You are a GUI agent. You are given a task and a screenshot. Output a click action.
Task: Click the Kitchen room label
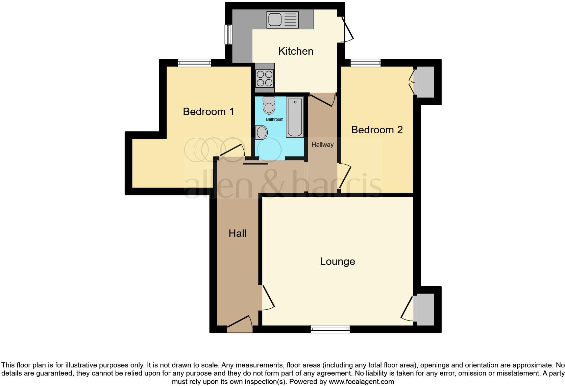point(296,51)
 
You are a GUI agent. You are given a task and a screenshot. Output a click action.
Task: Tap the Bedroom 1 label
point(208,111)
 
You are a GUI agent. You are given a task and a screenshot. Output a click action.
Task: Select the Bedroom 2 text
point(377,130)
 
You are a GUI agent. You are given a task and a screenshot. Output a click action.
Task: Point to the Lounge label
point(337,261)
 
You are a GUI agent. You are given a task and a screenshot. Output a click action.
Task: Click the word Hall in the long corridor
point(237,233)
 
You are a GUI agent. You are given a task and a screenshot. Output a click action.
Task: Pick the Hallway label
point(322,145)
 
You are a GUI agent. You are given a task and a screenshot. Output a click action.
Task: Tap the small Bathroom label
point(274,119)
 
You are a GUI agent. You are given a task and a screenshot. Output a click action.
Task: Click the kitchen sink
point(282,20)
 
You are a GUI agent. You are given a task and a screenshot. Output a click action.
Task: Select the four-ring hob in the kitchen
point(265,78)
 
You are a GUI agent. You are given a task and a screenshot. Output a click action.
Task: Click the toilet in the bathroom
point(269,105)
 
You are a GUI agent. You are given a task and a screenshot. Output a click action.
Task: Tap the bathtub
point(295,117)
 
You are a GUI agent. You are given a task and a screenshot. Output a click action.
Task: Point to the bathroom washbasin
point(261,132)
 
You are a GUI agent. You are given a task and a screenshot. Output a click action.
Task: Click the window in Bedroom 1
point(194,63)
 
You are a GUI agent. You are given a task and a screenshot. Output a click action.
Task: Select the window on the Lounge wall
point(330,329)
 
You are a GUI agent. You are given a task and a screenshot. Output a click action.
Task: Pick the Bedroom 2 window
point(366,63)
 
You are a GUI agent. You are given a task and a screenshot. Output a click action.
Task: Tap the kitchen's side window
point(229,34)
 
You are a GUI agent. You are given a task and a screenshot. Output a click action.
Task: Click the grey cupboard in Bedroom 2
point(424,82)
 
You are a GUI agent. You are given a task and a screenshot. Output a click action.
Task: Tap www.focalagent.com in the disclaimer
point(361,382)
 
